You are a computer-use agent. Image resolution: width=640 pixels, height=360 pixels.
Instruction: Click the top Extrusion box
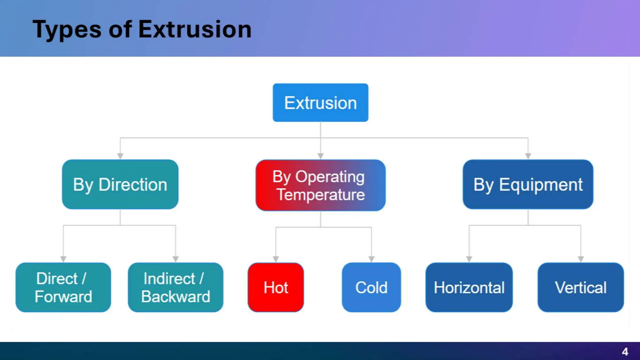point(320,102)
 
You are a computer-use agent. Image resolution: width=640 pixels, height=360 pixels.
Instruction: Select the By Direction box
point(120,184)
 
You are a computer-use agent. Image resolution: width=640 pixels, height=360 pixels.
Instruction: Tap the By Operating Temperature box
point(320,185)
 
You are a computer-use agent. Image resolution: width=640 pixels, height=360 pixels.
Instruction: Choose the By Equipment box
point(528,184)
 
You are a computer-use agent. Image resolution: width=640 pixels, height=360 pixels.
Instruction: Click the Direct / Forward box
point(63,287)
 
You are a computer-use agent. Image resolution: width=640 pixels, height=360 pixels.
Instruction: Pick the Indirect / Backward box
point(175,287)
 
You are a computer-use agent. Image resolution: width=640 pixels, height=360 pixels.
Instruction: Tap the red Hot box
point(276,287)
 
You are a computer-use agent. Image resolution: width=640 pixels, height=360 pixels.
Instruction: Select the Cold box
point(371,287)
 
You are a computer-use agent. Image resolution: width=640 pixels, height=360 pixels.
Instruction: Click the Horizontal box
point(469,287)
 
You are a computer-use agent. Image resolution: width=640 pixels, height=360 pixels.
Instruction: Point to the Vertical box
point(581,287)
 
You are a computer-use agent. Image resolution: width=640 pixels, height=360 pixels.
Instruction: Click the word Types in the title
point(67,30)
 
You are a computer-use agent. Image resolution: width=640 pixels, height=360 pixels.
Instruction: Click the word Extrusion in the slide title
point(195,30)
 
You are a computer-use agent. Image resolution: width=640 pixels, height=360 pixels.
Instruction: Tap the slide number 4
point(625,352)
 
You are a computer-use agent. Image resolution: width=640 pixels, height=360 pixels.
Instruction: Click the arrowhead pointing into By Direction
point(120,156)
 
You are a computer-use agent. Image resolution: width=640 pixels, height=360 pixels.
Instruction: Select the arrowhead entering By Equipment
point(528,156)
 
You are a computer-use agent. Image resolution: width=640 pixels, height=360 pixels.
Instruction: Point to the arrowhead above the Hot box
point(276,259)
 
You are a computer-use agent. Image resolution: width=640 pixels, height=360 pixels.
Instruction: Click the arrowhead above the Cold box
point(371,259)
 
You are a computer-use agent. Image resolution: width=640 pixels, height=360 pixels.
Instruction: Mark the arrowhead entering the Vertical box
point(581,259)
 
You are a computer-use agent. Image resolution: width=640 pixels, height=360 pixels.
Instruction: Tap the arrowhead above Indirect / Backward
point(176,259)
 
